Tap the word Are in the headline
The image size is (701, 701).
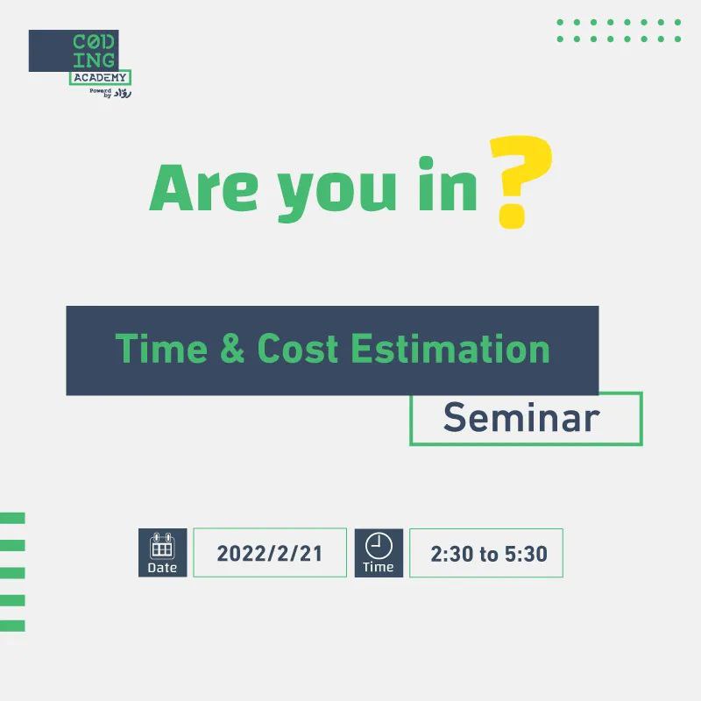(203, 188)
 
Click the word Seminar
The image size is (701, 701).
(521, 417)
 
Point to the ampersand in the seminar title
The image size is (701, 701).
(232, 348)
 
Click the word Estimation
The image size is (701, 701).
(450, 348)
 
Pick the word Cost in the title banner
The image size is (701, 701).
(297, 348)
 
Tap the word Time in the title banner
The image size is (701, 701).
(161, 348)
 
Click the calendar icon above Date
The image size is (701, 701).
(162, 546)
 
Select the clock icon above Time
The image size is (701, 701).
(379, 545)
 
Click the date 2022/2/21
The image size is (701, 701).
(270, 554)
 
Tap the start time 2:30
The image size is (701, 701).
(452, 554)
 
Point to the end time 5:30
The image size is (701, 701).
(527, 554)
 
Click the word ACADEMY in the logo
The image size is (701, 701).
(100, 77)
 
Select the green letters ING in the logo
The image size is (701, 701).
(94, 60)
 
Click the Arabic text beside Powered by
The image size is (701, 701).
(123, 94)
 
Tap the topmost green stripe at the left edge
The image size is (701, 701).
(12, 518)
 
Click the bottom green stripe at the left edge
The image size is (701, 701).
(12, 626)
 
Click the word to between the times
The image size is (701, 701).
(489, 555)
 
